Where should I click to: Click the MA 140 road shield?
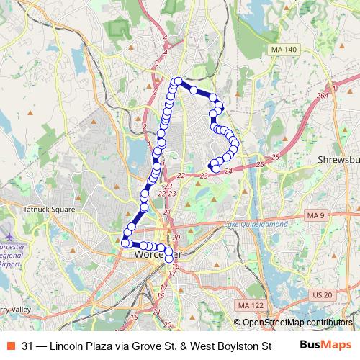[283, 49]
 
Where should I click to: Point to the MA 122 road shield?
[249, 306]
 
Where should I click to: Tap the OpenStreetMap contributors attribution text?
[297, 322]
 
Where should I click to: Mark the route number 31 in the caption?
[27, 346]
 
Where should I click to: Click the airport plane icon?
[9, 235]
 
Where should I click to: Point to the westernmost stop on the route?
[125, 243]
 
